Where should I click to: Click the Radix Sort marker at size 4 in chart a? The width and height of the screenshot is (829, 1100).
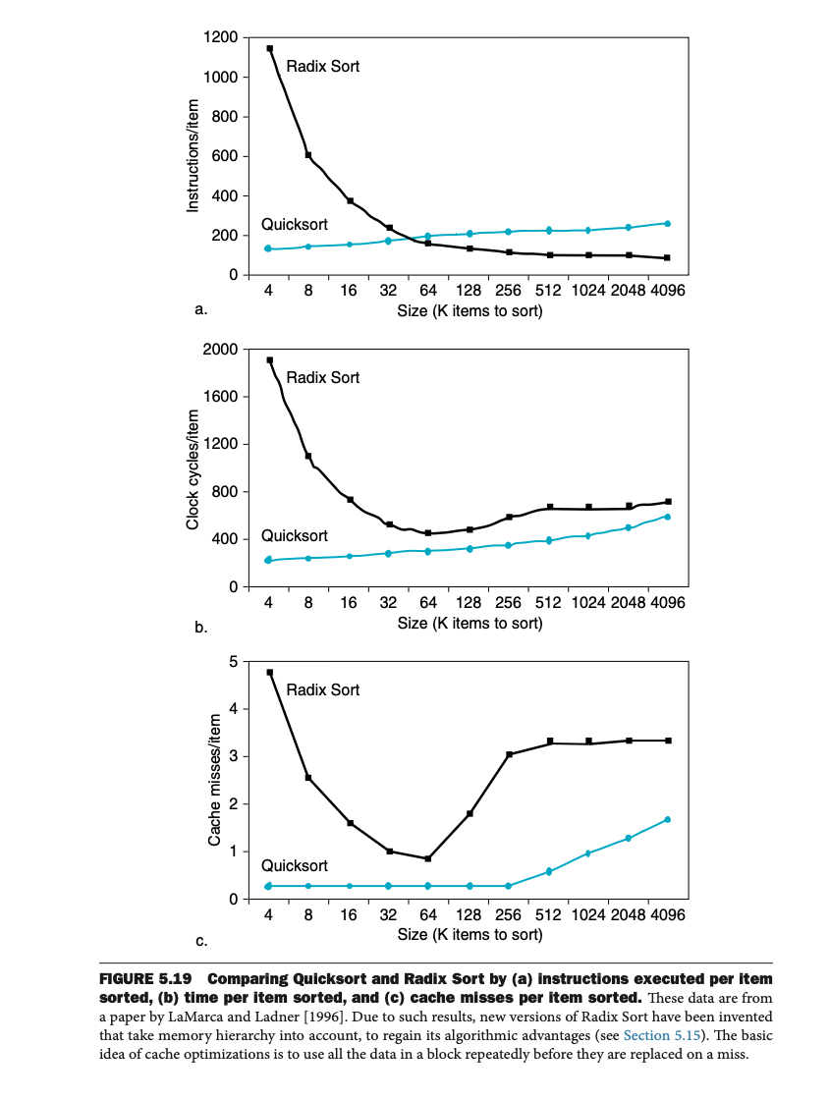[x=269, y=48]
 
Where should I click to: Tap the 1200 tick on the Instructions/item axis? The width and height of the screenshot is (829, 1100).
[x=220, y=37]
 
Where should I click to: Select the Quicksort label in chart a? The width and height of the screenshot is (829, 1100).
[x=295, y=225]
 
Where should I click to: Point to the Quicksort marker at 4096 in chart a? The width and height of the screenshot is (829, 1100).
[x=667, y=224]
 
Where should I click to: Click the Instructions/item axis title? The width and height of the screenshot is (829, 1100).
[x=193, y=156]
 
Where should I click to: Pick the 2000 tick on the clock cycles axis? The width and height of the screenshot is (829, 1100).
[x=220, y=350]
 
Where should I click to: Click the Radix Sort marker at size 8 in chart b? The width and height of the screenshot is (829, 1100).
[x=308, y=456]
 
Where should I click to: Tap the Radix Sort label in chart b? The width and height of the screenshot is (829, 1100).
[x=322, y=378]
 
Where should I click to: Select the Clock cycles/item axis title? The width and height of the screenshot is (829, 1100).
[x=193, y=468]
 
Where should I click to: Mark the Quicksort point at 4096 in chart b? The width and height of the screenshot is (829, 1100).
[x=667, y=517]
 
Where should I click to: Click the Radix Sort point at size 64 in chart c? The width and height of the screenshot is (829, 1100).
[x=428, y=858]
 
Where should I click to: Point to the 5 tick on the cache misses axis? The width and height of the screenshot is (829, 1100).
[x=233, y=662]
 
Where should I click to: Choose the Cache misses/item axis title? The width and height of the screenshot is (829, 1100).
[x=214, y=781]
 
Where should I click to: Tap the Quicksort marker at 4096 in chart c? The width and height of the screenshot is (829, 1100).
[x=667, y=819]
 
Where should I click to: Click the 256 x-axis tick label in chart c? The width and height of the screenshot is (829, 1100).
[x=508, y=915]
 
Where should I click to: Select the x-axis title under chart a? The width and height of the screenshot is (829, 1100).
[x=470, y=311]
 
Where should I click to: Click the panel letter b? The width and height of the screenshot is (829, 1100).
[x=201, y=629]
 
